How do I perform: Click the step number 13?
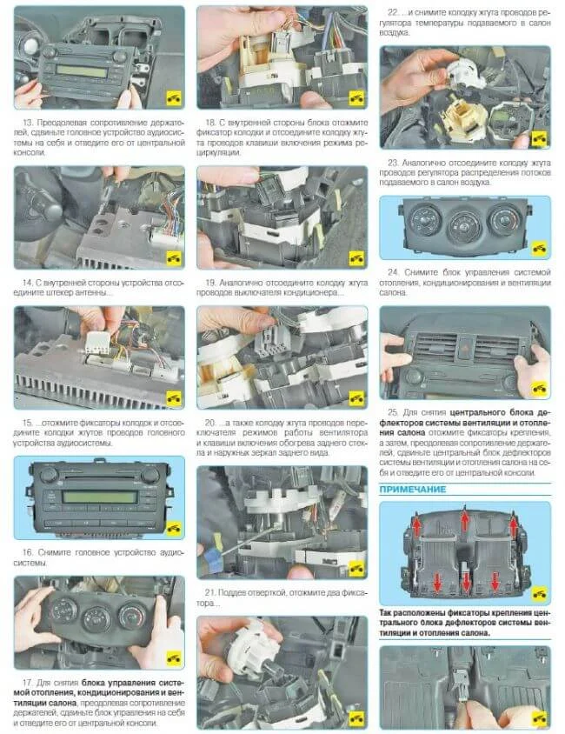[28, 123]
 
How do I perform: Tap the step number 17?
[28, 683]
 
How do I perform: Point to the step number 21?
[210, 592]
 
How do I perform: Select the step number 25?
[393, 412]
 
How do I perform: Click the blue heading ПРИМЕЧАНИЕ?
[413, 489]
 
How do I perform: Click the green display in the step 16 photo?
[99, 497]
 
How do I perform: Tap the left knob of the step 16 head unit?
[48, 475]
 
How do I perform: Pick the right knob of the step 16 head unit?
[150, 475]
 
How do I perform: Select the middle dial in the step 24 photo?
[464, 226]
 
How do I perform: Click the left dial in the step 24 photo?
[425, 219]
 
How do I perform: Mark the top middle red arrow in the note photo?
[464, 519]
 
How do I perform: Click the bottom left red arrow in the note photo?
[437, 582]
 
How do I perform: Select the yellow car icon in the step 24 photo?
[539, 248]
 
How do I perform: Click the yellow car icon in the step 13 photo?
[174, 98]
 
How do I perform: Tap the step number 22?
[394, 13]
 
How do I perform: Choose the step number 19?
[210, 283]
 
